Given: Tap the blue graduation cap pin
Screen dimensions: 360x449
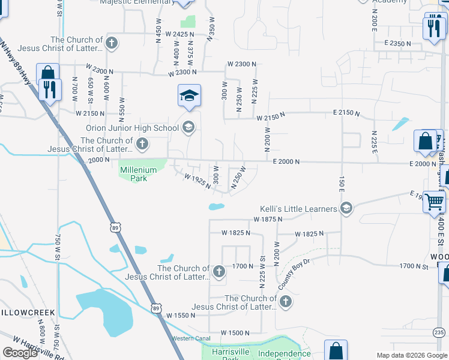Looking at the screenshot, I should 189,96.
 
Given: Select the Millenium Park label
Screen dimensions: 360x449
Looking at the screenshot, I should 139,174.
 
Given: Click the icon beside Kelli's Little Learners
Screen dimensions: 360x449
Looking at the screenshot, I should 346,209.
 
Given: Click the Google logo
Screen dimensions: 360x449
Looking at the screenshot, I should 20,353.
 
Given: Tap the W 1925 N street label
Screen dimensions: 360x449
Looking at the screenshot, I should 197,181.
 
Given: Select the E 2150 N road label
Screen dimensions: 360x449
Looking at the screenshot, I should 346,113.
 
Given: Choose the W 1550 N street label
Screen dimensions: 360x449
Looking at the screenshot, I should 181,315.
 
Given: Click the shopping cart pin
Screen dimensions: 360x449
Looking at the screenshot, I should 433,202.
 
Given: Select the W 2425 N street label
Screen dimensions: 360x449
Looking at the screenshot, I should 180,35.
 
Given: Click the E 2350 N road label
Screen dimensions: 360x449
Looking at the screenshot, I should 397,44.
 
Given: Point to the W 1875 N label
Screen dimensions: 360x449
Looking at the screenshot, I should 268,220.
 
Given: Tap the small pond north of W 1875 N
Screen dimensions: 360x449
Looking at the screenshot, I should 216,207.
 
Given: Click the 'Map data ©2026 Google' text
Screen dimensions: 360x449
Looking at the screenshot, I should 411,355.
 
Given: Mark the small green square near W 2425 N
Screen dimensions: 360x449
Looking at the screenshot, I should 190,22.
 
